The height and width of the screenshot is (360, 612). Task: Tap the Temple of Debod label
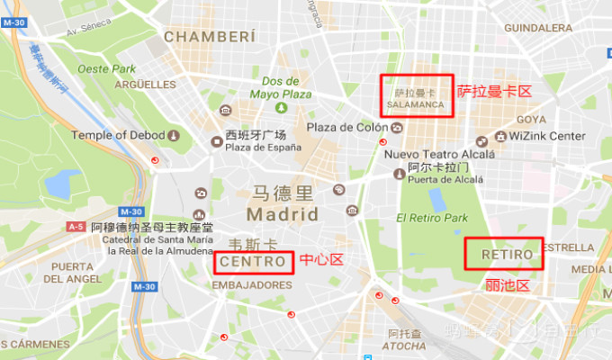(x=118, y=135)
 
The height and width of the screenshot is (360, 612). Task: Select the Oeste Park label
(x=107, y=68)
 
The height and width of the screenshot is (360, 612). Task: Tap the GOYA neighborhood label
(x=531, y=119)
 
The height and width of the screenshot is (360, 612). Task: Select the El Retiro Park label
(x=432, y=218)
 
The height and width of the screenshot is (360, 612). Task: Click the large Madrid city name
(x=282, y=214)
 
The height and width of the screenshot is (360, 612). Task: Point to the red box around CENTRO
(x=255, y=262)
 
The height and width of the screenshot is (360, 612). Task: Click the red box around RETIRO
(x=505, y=254)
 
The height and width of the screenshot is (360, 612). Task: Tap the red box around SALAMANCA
(x=417, y=95)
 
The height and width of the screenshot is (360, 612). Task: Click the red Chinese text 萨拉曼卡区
(x=494, y=91)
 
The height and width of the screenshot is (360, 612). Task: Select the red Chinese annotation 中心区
(x=321, y=260)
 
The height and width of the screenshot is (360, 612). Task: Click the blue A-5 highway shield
(x=76, y=227)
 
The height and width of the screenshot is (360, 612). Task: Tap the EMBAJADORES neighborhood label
(x=252, y=284)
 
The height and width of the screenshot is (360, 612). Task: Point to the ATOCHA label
(x=404, y=346)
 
